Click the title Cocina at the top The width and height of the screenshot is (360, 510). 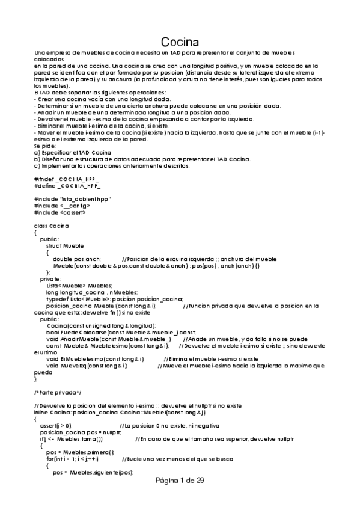click(x=180, y=43)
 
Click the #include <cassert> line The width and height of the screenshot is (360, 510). click(x=60, y=212)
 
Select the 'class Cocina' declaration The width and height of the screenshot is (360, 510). click(x=51, y=226)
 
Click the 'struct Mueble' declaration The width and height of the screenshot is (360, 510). click(x=65, y=245)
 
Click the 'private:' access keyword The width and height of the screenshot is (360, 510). click(x=50, y=279)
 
